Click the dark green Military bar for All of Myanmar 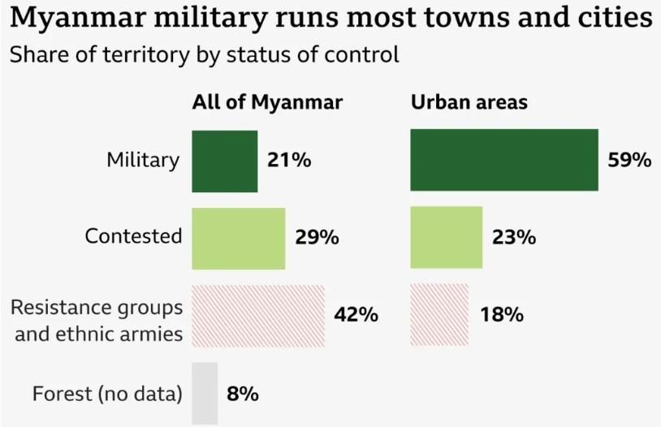point(224,161)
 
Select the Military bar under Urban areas point(504,161)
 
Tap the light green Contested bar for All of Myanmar point(238,238)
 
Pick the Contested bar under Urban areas point(446,238)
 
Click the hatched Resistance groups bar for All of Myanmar point(257,315)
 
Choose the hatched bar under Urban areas point(439,315)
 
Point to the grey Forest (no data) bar point(205,394)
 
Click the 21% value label point(289,161)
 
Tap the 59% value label point(629,161)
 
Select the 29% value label point(317,238)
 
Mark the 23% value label point(513,238)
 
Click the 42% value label point(356,315)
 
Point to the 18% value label point(501,315)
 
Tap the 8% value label point(243,395)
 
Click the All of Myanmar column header point(267,103)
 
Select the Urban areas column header point(469,103)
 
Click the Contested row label point(133,236)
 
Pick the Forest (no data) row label point(107,395)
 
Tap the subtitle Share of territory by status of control point(203,55)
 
